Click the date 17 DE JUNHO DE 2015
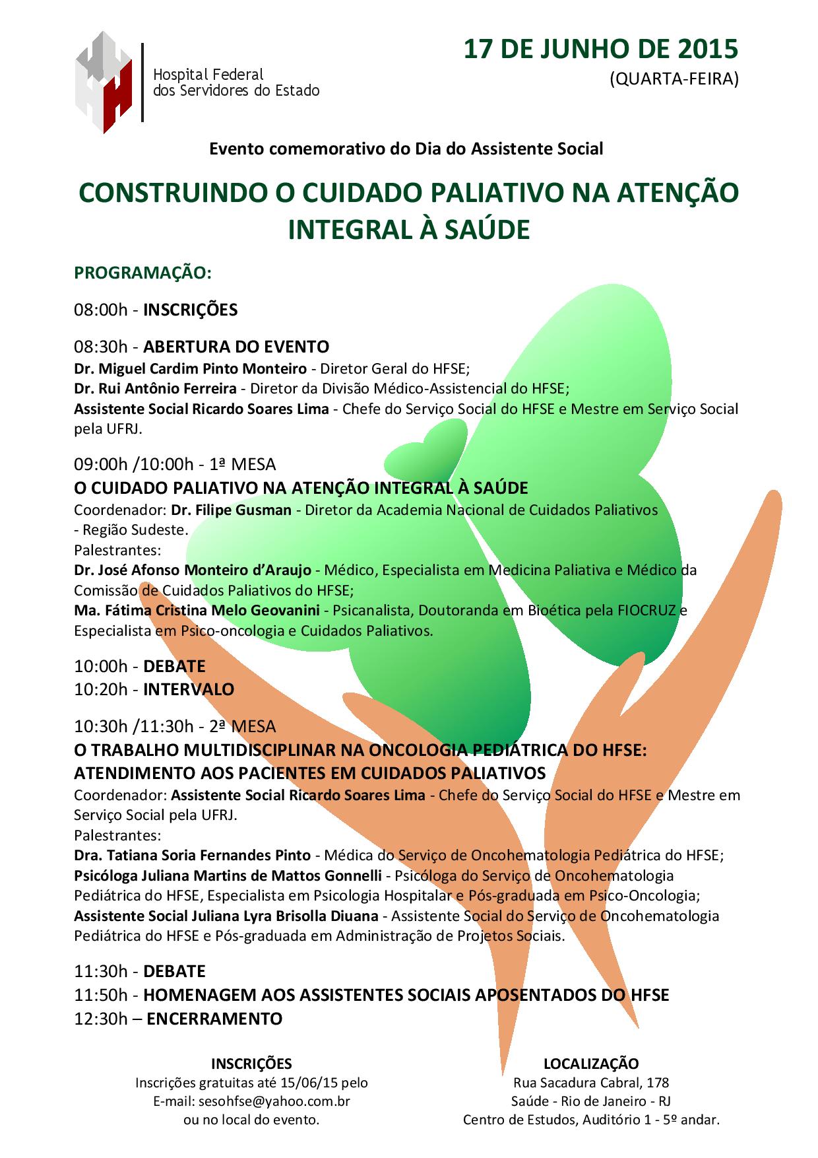click(x=600, y=50)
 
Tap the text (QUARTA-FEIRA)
click(x=674, y=79)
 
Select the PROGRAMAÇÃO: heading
click(x=142, y=273)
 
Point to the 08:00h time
click(x=100, y=310)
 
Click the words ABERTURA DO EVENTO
click(x=236, y=347)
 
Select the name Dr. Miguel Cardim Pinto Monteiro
click(x=190, y=368)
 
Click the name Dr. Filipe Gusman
click(x=232, y=510)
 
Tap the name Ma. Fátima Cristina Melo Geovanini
click(x=198, y=610)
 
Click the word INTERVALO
click(x=189, y=689)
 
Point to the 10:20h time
click(x=100, y=689)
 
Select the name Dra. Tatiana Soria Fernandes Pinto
click(x=192, y=856)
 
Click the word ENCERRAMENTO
click(x=214, y=1019)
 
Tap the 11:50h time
click(x=100, y=995)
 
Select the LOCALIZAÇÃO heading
click(x=591, y=1064)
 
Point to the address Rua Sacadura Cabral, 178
click(x=591, y=1083)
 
